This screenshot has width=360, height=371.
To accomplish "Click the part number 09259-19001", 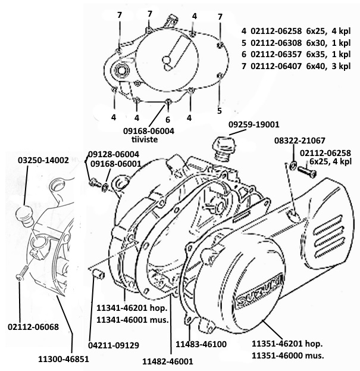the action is [253, 124].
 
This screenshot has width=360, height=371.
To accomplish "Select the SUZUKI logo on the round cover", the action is [259, 292].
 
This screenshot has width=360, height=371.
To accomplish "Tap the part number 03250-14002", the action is [43, 160].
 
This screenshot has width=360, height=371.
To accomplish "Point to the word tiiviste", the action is [145, 139].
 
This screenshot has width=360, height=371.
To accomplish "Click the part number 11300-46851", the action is [64, 359].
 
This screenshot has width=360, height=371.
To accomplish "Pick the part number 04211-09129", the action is [114, 345].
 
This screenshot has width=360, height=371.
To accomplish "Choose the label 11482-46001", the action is [168, 361].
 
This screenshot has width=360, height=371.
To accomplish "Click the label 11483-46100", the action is [201, 344].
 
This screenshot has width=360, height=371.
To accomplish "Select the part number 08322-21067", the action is [300, 141].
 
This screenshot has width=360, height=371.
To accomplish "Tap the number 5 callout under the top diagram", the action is [220, 111].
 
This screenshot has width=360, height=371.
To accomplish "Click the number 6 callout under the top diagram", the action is [168, 120].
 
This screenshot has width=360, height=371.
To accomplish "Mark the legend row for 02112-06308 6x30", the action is [296, 43].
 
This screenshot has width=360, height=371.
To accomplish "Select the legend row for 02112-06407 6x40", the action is [296, 66].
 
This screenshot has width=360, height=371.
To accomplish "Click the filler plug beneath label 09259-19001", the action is [224, 149].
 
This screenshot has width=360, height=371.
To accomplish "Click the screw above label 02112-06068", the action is [22, 273].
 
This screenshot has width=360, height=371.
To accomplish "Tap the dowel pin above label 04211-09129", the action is [98, 274].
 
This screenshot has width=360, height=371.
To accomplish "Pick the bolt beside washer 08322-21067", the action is [306, 172].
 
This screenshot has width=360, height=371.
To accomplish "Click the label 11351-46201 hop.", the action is [287, 344].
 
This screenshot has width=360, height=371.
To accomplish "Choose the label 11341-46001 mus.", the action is [132, 320].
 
